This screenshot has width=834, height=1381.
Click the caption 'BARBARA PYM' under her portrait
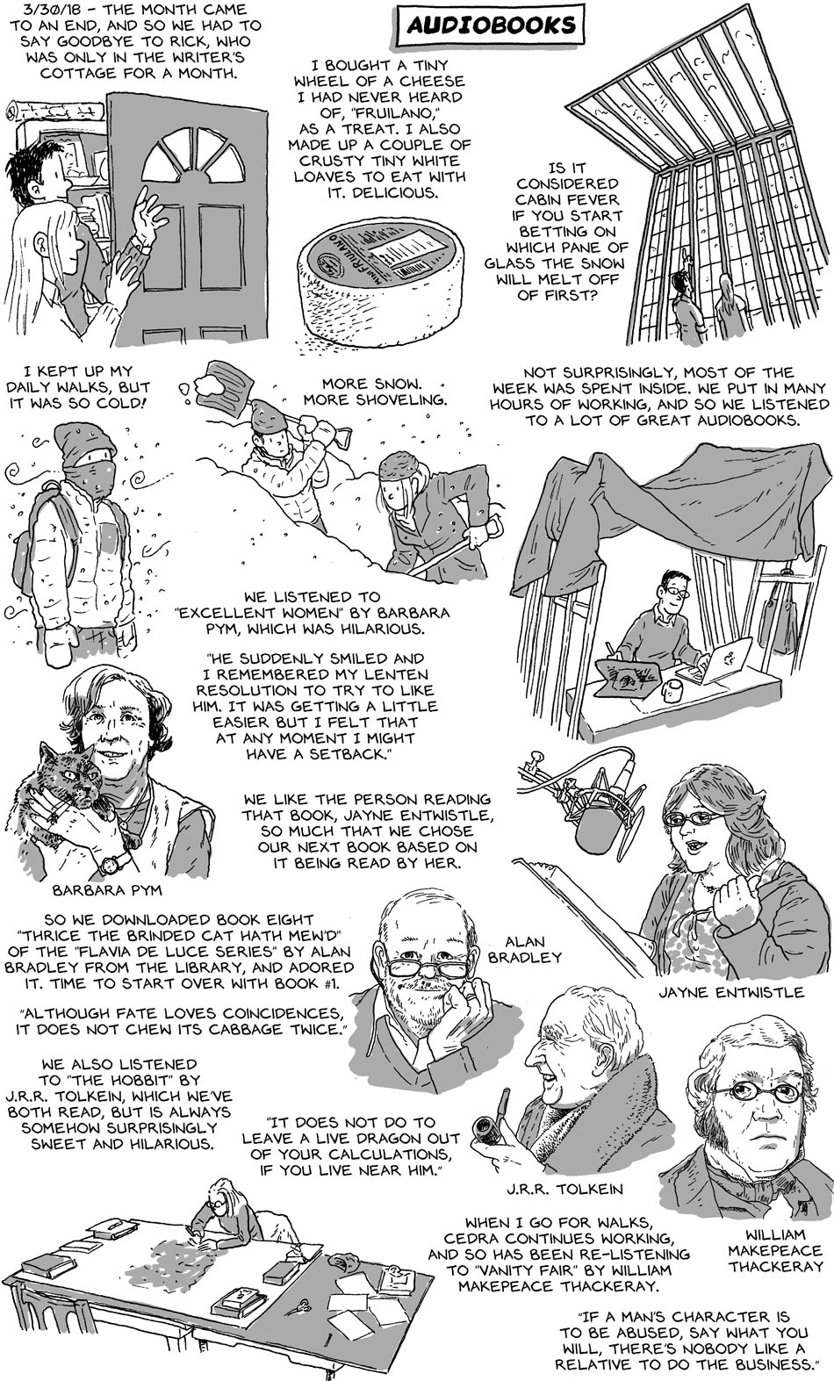(x=106, y=890)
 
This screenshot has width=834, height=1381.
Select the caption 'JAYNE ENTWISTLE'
(x=730, y=993)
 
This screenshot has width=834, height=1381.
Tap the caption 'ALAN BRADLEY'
(x=525, y=949)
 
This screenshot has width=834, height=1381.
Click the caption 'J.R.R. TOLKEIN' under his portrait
(x=564, y=1189)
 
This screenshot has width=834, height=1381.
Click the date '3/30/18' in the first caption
(x=36, y=10)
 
